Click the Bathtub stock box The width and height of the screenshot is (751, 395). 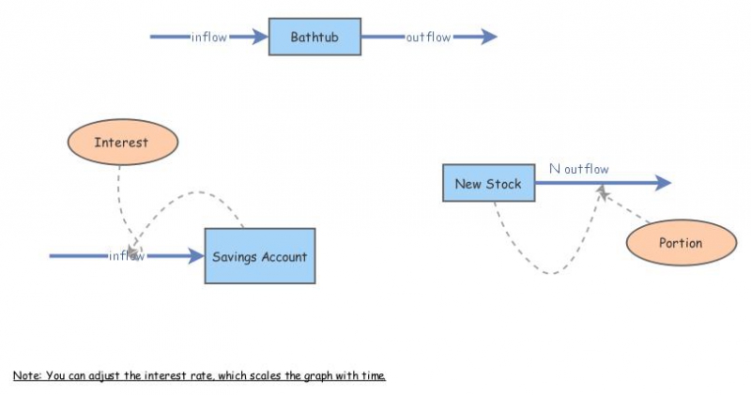click(x=314, y=38)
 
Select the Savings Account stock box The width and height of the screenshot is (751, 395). click(x=259, y=256)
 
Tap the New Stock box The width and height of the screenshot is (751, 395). click(x=488, y=183)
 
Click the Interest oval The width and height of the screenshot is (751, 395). click(x=122, y=143)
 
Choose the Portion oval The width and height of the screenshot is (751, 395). click(x=681, y=243)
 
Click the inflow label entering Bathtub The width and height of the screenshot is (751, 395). click(x=208, y=38)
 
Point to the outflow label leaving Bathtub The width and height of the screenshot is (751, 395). click(x=428, y=38)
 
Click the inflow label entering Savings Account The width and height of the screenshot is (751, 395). click(x=126, y=256)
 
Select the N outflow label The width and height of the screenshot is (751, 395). click(x=578, y=170)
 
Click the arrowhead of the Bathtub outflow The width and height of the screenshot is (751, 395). click(x=488, y=38)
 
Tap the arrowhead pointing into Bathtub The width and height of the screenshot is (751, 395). click(x=260, y=38)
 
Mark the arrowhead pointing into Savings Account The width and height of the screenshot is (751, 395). click(x=196, y=256)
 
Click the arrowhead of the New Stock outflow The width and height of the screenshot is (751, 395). click(x=663, y=183)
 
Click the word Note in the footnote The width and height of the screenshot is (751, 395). click(x=25, y=376)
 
